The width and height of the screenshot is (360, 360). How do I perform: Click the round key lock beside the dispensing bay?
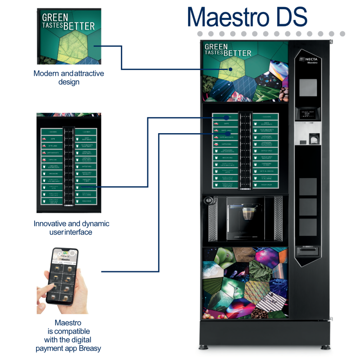[208, 201]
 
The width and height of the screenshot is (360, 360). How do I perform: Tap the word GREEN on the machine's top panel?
[216, 47]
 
